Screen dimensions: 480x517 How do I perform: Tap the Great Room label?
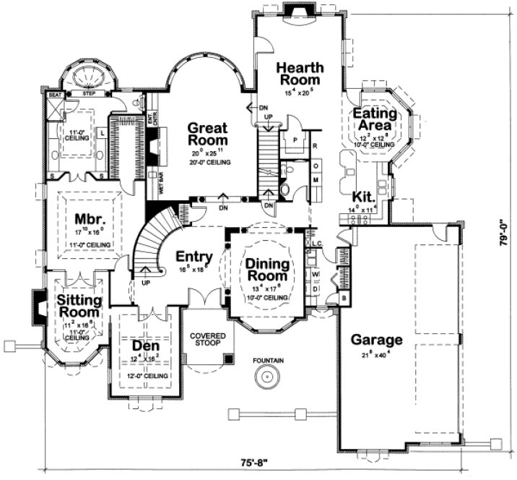(208, 134)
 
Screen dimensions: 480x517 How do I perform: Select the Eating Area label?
(374, 120)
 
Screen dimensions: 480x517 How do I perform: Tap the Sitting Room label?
(79, 306)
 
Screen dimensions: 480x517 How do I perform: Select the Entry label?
(194, 256)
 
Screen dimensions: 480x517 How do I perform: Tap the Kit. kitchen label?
(362, 197)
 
